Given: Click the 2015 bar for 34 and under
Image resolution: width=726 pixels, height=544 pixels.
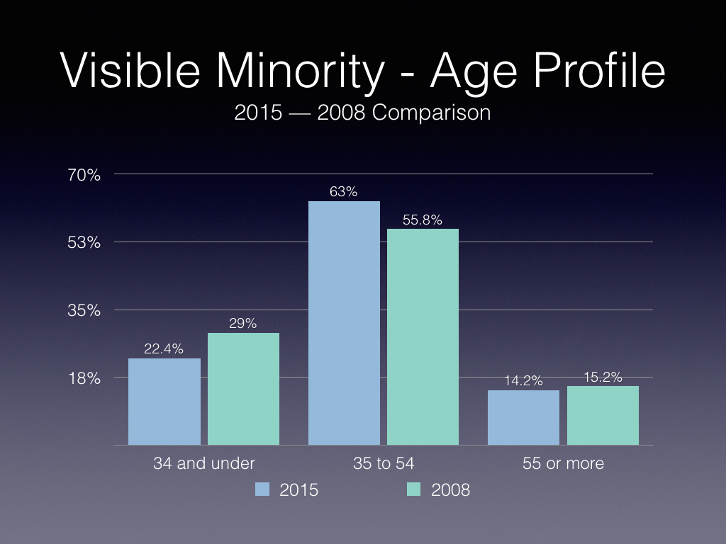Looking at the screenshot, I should pos(164,401).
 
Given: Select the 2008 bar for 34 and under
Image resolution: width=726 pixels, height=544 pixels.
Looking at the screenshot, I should pos(243,388).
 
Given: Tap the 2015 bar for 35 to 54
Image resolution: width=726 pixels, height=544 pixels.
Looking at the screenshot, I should pos(344,323).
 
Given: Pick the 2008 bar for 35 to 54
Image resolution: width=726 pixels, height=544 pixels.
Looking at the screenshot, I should pos(423,336).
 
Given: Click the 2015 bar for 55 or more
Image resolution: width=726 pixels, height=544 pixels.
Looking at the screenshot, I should pos(524,417).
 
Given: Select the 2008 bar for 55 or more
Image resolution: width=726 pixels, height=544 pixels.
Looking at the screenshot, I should pos(603,415).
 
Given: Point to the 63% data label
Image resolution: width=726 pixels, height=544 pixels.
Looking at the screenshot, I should pos(344,191).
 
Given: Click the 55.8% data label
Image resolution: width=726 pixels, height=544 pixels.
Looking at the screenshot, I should pos(423,220).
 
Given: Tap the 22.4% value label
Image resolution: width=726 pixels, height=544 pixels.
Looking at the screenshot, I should pos(164,348).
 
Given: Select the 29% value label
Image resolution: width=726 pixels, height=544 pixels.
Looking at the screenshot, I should pos(243,324).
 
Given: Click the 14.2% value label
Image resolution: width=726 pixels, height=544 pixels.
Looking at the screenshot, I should pos(524,380).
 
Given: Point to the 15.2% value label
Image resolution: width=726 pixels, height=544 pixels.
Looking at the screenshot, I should pos(603,377).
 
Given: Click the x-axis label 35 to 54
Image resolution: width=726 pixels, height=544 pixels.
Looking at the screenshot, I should pos(384,463).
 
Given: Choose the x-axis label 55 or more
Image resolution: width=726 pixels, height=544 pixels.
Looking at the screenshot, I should pos(563,463).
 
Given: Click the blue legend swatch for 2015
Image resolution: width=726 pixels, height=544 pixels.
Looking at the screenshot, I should pos(262,489).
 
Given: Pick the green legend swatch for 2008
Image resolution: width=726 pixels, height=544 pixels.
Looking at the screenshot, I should pos(414,489).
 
